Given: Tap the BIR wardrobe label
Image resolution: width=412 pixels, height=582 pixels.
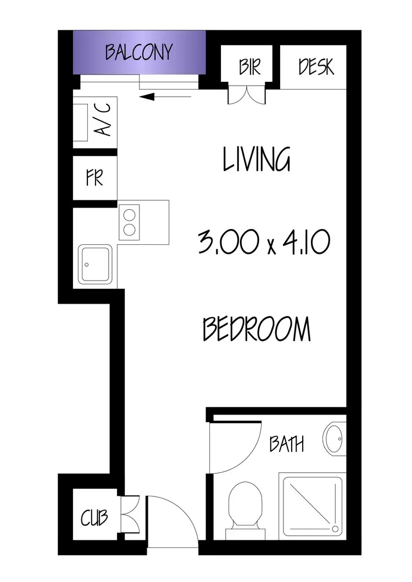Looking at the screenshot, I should [249, 66].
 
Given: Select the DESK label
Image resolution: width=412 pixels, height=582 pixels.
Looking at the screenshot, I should [316, 66].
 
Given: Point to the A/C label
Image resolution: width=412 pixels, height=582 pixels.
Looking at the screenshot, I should [104, 120].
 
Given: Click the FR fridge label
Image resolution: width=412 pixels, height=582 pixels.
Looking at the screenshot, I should [94, 178].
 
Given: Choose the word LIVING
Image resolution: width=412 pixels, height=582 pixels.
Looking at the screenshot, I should [257, 159].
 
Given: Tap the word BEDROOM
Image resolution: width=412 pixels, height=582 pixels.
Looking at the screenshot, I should [257, 329].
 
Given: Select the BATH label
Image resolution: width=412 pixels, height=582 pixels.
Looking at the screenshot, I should [286, 444].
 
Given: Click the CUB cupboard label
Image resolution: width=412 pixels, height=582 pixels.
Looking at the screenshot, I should [94, 518].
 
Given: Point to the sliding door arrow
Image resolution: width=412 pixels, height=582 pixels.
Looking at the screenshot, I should [165, 98].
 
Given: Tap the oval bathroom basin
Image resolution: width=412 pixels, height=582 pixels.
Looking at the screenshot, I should [333, 439].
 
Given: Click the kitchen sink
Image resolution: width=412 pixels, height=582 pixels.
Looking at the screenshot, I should [96, 264].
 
